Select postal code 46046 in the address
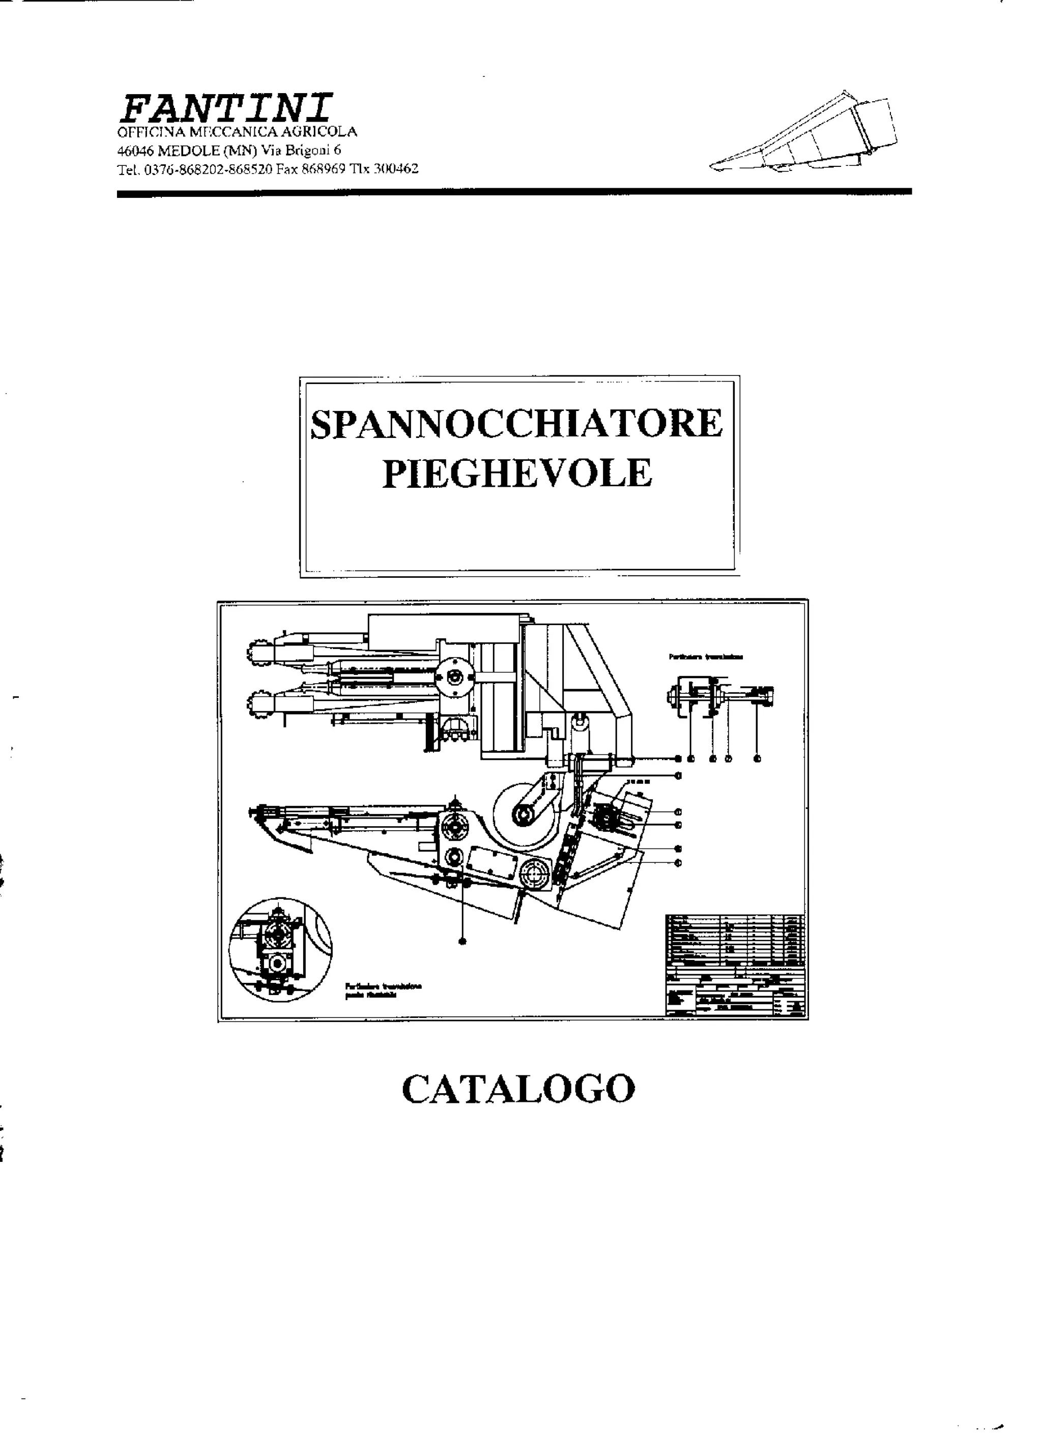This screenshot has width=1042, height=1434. click(135, 151)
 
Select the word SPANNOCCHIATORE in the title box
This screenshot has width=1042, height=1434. click(516, 424)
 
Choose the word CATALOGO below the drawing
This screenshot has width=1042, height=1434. click(518, 1088)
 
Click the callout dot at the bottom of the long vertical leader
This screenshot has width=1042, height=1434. click(464, 942)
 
